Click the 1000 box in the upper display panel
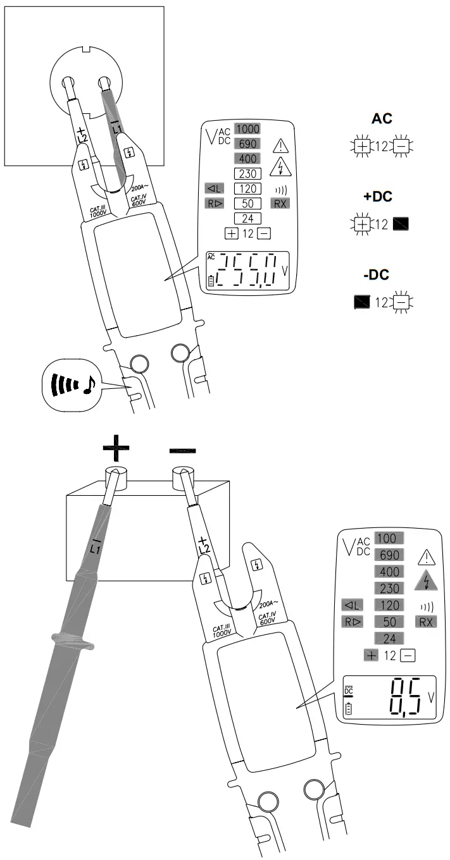247,129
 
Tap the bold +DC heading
377,197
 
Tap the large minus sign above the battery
182,450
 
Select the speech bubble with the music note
72,384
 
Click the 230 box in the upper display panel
247,173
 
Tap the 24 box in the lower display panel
387,638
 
